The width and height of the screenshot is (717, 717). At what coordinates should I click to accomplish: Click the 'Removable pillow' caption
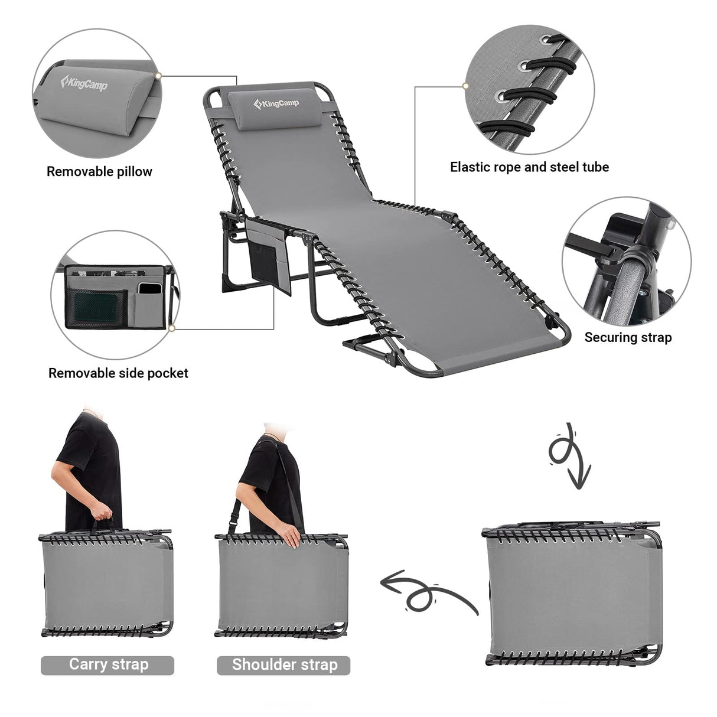(99, 172)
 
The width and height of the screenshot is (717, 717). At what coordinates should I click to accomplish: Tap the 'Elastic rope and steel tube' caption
(529, 167)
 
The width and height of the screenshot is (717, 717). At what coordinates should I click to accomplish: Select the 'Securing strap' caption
(628, 337)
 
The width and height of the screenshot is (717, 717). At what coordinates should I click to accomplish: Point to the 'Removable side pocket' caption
(118, 373)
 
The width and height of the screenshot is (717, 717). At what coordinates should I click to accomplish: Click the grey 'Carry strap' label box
(107, 665)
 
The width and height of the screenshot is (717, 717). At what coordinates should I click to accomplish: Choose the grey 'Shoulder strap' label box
(283, 665)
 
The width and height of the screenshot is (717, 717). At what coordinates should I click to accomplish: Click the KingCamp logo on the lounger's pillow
(276, 104)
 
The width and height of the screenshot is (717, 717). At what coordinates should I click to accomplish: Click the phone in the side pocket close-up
(148, 289)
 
